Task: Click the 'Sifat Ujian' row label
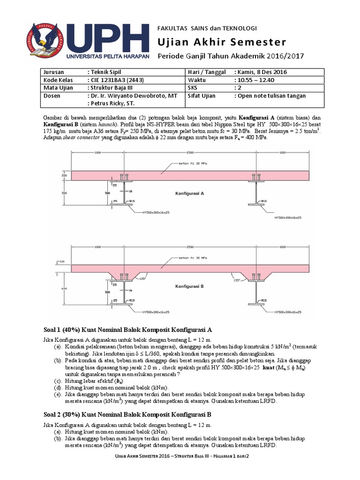[x=202, y=96]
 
